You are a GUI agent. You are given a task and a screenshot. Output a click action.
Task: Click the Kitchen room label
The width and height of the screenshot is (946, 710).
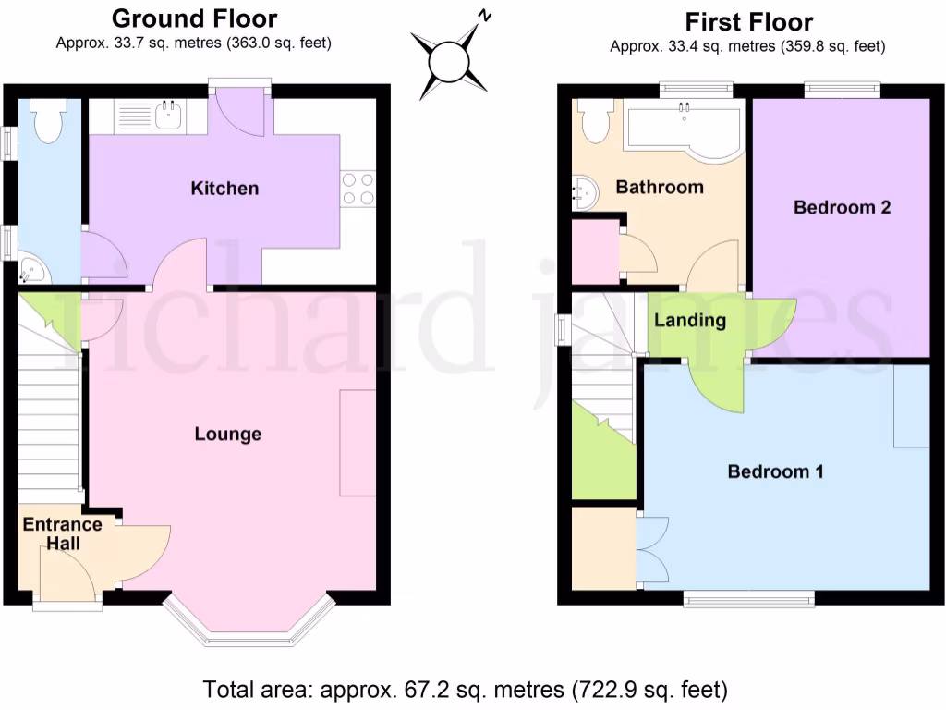click(x=224, y=189)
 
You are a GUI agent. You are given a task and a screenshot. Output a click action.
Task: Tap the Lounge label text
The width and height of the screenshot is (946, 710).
click(x=227, y=434)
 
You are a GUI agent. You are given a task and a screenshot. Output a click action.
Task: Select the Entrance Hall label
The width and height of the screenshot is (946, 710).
click(x=62, y=534)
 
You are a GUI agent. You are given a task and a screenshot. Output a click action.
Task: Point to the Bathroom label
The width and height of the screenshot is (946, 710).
click(x=660, y=187)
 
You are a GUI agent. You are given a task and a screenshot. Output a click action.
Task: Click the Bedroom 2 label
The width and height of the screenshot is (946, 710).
click(x=842, y=207)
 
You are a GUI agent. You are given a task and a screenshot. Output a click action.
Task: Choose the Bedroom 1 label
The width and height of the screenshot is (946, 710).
click(x=776, y=471)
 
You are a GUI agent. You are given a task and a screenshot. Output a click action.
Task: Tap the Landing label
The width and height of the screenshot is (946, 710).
click(x=690, y=321)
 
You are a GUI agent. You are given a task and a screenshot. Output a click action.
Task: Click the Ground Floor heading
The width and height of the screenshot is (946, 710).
click(x=194, y=18)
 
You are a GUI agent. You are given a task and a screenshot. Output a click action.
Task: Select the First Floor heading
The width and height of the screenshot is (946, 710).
click(x=748, y=20)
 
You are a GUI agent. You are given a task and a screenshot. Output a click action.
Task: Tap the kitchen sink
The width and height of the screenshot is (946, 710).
click(x=168, y=116)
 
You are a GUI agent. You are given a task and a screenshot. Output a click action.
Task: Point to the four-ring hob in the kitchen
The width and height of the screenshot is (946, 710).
click(x=358, y=189)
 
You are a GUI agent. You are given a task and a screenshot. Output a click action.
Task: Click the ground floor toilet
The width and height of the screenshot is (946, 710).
click(x=45, y=122)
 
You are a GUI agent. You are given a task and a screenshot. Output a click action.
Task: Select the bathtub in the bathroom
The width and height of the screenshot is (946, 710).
click(x=684, y=128)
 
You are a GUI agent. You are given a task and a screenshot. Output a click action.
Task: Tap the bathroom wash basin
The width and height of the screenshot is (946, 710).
click(x=585, y=193)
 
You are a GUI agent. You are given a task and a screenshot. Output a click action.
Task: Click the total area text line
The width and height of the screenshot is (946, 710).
click(x=466, y=690)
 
